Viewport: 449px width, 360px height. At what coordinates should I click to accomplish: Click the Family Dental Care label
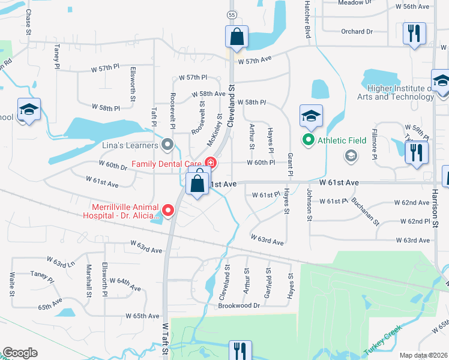pos(166,163)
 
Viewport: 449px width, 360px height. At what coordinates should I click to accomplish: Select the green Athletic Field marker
pos(309,140)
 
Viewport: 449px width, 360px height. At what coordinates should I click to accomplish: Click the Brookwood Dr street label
pos(239,305)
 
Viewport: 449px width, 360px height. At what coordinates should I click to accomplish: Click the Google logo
pos(20,353)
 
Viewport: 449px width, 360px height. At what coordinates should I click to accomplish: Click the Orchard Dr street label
pos(357,31)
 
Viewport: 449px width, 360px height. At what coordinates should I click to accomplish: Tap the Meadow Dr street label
pos(351,3)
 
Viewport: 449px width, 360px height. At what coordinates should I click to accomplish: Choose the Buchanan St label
pos(366,211)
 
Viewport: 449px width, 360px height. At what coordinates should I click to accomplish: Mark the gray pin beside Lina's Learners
pos(168,145)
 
